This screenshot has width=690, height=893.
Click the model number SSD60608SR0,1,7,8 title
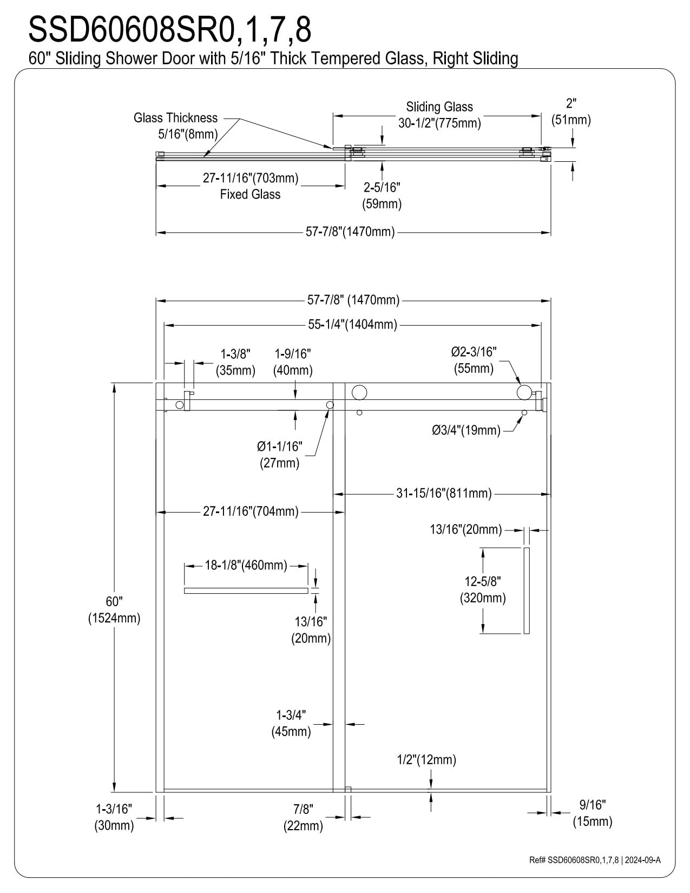170,30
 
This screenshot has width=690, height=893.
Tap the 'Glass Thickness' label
175,118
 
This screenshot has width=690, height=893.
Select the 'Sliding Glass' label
439,107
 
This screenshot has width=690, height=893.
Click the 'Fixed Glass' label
250,194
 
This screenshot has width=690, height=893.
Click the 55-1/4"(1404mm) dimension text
353,325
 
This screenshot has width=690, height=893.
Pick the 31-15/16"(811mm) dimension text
444,493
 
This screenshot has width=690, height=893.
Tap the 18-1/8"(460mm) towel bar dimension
246,566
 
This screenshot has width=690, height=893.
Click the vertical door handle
527,590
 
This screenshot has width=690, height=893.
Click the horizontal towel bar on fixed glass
246,590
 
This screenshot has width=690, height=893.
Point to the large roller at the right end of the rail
524,392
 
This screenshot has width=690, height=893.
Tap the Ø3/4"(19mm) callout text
466,430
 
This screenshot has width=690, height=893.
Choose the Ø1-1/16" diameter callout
279,455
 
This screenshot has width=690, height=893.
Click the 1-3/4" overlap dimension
291,723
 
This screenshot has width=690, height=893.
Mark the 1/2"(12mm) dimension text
426,759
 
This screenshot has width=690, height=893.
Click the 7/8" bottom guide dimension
303,817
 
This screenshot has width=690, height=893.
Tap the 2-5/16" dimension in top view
382,195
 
